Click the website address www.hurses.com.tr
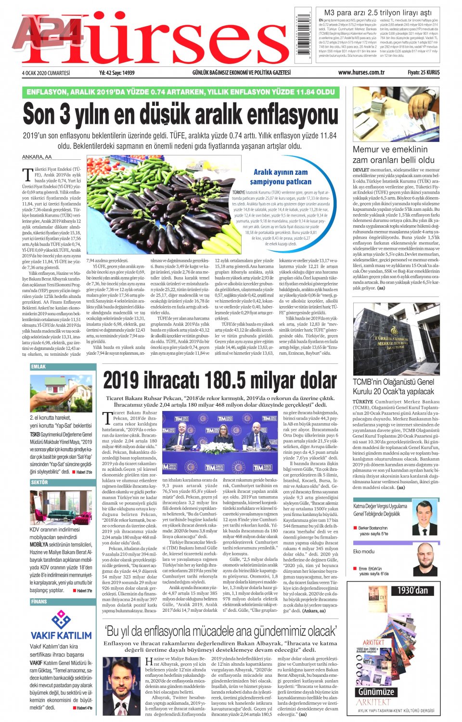click(361, 73)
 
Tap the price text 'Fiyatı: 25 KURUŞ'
click(423, 73)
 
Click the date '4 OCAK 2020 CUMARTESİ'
click(46, 73)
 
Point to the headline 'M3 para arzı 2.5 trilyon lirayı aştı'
click(378, 13)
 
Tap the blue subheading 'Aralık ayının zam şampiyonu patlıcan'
click(281, 177)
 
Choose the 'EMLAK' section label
click(38, 367)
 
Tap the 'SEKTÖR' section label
click(39, 482)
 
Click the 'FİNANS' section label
click(39, 602)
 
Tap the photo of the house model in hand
click(61, 392)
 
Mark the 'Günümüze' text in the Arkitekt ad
click(376, 692)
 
